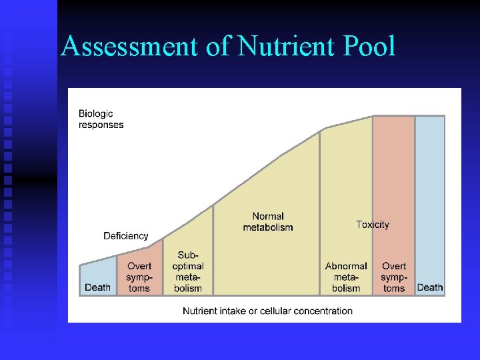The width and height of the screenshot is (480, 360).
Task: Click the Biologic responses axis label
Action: click(101, 119)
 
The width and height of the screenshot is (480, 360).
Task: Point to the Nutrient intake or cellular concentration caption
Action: click(267, 311)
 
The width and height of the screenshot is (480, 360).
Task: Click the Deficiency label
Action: click(126, 236)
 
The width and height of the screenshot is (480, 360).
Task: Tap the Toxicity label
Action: click(373, 225)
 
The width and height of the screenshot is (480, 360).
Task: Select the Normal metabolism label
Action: click(268, 222)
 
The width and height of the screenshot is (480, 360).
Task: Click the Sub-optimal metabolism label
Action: click(188, 272)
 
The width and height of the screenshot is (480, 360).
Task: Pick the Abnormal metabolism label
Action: click(346, 277)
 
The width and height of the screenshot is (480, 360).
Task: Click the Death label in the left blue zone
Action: click(98, 287)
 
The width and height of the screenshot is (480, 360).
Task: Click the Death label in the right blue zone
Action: click(430, 287)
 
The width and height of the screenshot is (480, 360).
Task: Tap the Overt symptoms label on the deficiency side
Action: click(139, 277)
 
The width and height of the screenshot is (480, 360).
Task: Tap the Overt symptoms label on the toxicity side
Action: click(394, 277)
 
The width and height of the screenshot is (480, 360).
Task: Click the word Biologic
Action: click(96, 114)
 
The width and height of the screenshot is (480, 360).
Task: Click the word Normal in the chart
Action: click(268, 217)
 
